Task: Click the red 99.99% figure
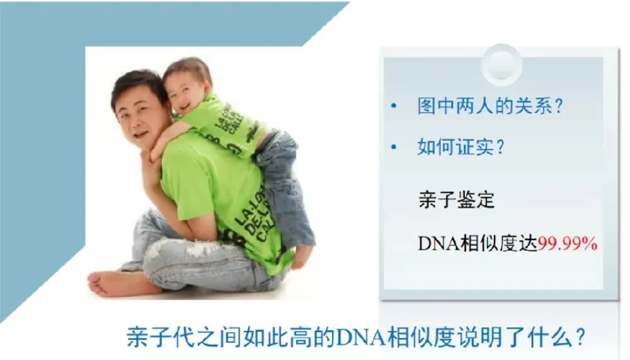tap(568, 243)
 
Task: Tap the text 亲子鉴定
tap(456, 200)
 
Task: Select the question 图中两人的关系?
tap(490, 106)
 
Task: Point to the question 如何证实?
tap(461, 146)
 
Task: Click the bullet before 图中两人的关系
tap(394, 106)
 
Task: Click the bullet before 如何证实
tap(394, 147)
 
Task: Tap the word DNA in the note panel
tap(438, 243)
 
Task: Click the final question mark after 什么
tap(580, 338)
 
